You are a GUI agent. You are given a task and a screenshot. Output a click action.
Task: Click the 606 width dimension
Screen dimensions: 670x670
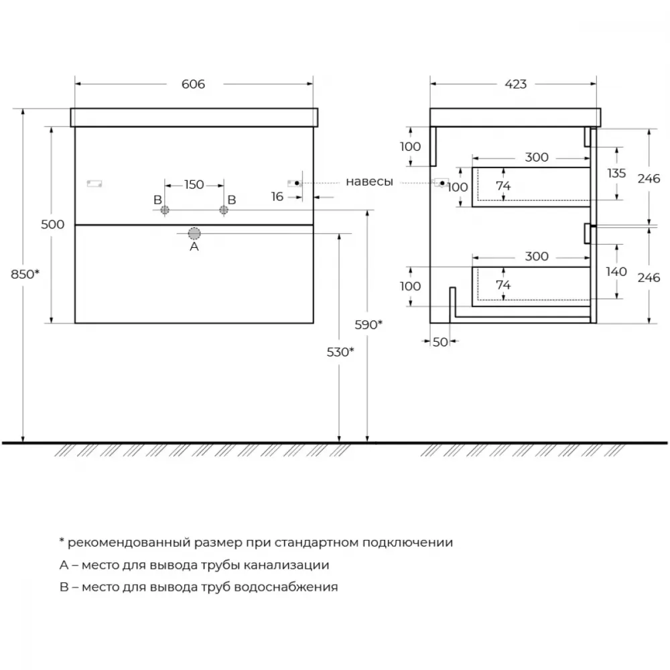tap(193, 84)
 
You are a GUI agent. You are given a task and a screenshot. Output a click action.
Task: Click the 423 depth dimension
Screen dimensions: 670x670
tap(516, 84)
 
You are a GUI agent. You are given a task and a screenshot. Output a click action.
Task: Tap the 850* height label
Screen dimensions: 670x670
tap(25, 274)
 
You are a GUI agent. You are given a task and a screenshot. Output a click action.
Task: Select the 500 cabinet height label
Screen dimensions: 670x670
tap(52, 224)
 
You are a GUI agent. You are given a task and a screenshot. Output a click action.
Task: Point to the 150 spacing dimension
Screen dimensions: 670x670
tap(194, 185)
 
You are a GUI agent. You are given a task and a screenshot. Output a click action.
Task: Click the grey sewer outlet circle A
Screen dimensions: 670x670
tap(194, 233)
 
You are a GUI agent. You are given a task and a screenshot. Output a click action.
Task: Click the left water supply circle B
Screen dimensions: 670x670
tap(165, 210)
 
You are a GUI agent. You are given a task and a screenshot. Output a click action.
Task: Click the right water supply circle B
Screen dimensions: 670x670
tap(224, 210)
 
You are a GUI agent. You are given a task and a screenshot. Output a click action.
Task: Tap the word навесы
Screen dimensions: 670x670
tap(369, 182)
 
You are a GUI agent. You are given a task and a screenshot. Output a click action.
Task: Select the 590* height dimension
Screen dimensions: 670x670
tap(368, 325)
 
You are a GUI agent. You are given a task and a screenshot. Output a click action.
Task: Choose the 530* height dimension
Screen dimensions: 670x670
tap(340, 352)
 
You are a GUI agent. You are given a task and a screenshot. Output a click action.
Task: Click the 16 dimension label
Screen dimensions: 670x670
tap(277, 196)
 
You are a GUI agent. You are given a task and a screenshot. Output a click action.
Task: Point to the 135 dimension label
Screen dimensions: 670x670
tap(616, 173)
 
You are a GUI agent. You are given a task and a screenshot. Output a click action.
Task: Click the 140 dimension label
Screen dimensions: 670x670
tap(616, 271)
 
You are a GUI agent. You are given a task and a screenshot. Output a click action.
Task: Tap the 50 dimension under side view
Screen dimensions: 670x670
tap(440, 342)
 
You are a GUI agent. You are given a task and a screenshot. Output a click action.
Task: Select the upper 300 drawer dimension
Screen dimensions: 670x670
tap(537, 157)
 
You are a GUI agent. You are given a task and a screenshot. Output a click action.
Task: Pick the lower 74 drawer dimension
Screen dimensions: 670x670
tap(503, 285)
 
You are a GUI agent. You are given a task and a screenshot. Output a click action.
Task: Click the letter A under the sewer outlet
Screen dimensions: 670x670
tap(194, 247)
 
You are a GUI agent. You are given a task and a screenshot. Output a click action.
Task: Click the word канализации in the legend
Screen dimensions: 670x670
tap(286, 565)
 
